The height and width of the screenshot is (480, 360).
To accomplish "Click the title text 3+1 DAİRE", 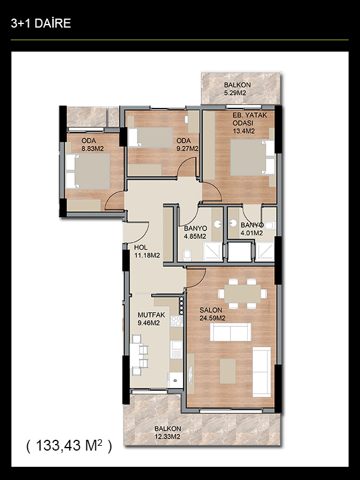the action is (x=41, y=23).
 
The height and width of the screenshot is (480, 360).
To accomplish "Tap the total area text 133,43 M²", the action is (x=69, y=445).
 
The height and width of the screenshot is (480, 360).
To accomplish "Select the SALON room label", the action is (x=211, y=310).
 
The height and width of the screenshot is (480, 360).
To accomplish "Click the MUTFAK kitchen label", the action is (x=151, y=314).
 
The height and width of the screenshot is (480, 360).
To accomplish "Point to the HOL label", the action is (x=141, y=247).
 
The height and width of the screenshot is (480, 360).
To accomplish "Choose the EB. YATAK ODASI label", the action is (x=250, y=119).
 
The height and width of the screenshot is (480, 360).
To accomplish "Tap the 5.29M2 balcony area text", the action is (x=235, y=93).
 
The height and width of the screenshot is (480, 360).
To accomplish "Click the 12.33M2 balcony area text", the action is (x=167, y=437).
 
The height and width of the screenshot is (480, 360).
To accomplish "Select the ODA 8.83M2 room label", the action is (x=92, y=145).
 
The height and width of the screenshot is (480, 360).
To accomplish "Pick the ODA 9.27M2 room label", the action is (x=187, y=145).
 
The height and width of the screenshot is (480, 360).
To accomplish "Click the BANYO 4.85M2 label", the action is (x=196, y=232).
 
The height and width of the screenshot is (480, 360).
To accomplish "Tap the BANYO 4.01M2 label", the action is (x=252, y=229).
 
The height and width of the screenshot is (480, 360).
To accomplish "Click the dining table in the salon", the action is (x=242, y=294).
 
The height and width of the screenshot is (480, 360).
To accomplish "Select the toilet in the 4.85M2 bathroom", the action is (x=187, y=254).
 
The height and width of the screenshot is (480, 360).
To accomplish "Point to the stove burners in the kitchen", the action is (x=176, y=321).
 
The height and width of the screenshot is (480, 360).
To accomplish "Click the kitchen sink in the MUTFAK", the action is (x=176, y=350).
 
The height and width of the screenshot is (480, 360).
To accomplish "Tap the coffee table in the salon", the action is (x=228, y=371).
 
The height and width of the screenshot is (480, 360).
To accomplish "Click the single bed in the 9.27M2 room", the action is (x=151, y=137).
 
